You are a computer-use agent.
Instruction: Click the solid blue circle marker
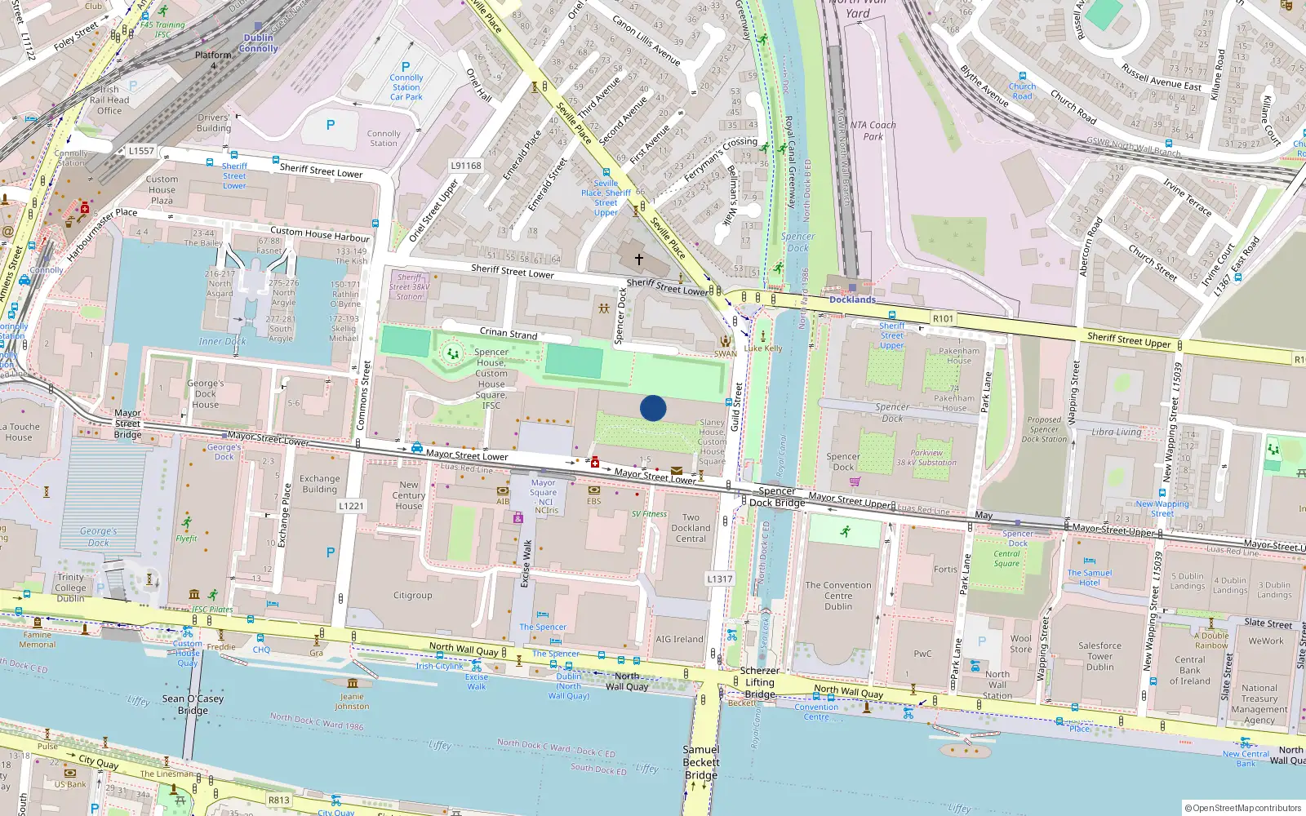click(653, 408)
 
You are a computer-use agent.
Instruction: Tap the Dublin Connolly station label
click(259, 43)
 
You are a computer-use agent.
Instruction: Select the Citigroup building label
click(413, 596)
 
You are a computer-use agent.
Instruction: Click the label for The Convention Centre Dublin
click(838, 596)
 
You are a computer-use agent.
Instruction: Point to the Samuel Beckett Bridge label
click(701, 762)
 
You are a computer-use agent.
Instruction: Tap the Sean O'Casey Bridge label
click(193, 704)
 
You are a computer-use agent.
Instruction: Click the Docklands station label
click(852, 299)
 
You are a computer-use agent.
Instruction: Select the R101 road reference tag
click(943, 318)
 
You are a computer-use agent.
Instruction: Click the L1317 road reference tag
click(719, 579)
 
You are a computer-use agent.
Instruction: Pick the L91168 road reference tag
click(466, 165)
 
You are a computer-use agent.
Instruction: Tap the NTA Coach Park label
click(873, 131)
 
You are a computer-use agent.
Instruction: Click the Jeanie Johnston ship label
click(352, 702)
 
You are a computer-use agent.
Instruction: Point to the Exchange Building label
click(319, 484)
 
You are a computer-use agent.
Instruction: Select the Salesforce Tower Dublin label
click(1099, 656)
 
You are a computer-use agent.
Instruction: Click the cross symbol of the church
click(639, 259)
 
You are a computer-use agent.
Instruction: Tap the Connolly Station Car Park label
click(406, 86)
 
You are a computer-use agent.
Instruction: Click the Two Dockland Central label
click(691, 528)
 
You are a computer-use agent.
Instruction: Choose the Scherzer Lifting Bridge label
click(759, 682)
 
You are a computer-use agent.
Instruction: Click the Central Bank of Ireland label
click(1189, 670)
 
